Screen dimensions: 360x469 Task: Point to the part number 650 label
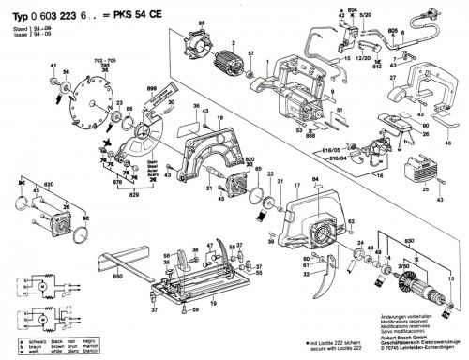(x=118, y=278)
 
